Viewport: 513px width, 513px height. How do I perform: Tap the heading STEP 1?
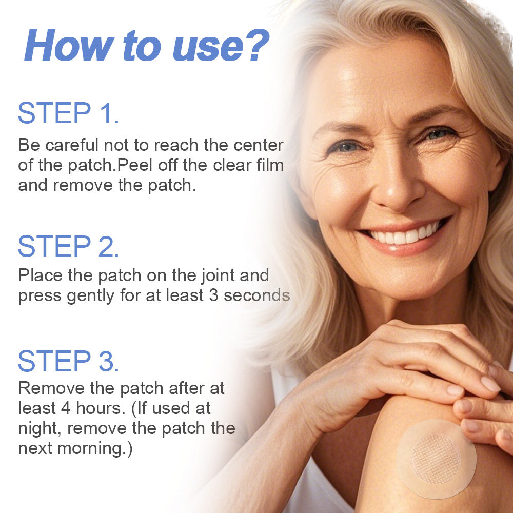[x=68, y=114]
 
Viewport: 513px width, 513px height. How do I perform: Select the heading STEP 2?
[x=68, y=247]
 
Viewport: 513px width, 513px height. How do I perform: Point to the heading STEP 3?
[x=68, y=361]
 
